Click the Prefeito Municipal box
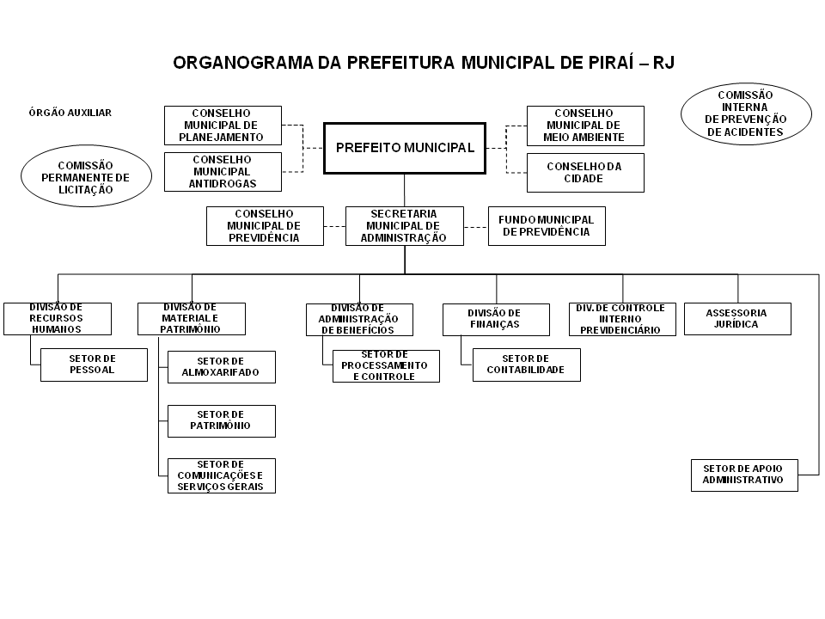coord(405,148)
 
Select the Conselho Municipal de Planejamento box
coord(223,126)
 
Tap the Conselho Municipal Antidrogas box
coord(223,172)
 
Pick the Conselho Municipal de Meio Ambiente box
coord(585,126)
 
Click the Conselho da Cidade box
coord(585,173)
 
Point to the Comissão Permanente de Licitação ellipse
coord(86,176)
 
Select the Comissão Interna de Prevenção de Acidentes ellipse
coord(746,113)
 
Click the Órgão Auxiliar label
coord(70,113)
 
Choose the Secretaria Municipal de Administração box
coord(405,226)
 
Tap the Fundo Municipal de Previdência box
coord(547,226)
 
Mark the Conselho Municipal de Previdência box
coord(265,226)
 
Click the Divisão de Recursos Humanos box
coord(58,318)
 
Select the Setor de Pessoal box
coord(94,365)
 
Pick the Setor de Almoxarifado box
coord(222,367)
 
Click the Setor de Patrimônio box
coord(222,421)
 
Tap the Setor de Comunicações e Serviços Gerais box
coord(222,475)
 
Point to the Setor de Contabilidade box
coord(526,365)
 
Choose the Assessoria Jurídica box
coord(737,318)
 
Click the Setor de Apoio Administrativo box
coord(744,475)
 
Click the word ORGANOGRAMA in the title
coord(243,63)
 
